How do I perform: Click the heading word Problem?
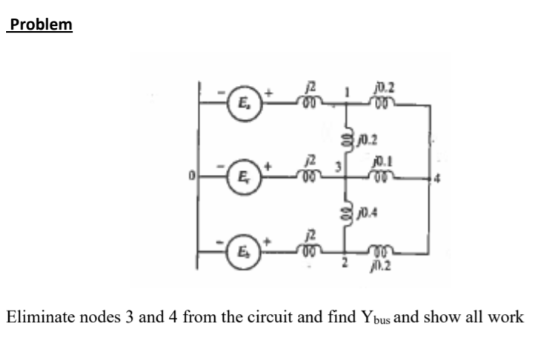click(x=38, y=24)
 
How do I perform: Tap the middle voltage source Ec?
click(x=239, y=179)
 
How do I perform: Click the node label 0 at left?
click(x=190, y=178)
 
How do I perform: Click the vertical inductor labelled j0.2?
click(x=345, y=138)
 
